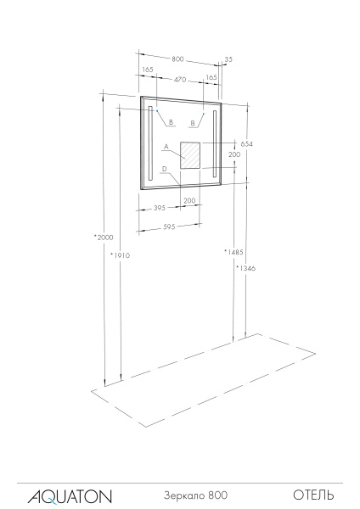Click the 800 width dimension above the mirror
tap(177, 59)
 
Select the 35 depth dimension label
tap(228, 59)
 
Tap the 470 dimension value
tap(180, 79)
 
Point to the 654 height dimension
tap(247, 144)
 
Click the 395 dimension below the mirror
tap(158, 208)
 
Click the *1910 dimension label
tap(120, 254)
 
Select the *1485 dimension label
tap(233, 252)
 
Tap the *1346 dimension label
tap(246, 268)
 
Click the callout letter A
tap(166, 147)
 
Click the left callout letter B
tap(171, 123)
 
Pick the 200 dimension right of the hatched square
tap(234, 155)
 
